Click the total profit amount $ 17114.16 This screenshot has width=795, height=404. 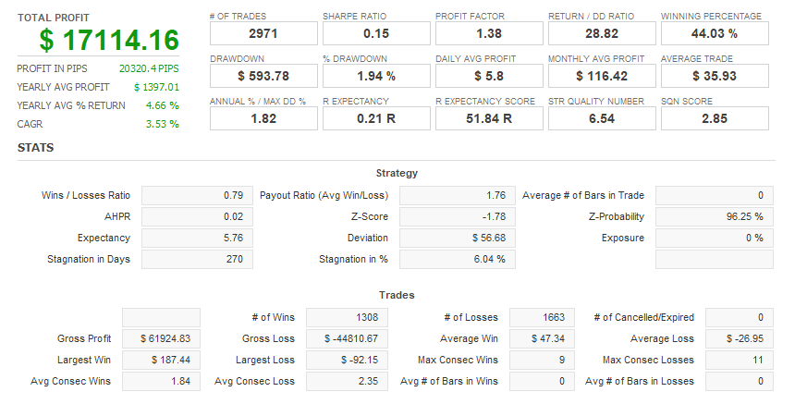(109, 40)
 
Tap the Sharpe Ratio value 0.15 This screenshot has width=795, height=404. (376, 34)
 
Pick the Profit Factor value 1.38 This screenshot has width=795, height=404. (489, 34)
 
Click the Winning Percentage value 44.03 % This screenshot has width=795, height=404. (715, 34)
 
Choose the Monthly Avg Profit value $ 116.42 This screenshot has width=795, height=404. (602, 76)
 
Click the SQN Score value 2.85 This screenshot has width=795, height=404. (715, 118)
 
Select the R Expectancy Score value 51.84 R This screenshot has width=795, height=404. (489, 118)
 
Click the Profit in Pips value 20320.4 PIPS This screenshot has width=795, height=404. (149, 68)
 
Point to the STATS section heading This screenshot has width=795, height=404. (35, 147)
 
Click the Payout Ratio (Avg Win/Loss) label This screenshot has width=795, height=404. (324, 195)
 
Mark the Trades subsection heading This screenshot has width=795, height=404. (397, 295)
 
